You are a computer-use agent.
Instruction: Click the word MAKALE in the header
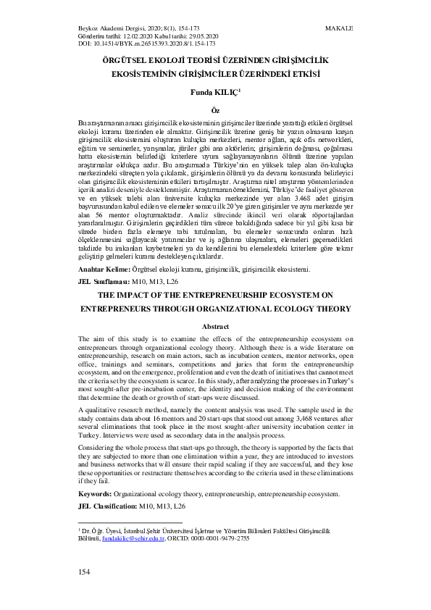[x=340, y=28]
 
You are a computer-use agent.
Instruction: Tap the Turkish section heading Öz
[x=215, y=109]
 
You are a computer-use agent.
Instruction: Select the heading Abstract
[x=215, y=327]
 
